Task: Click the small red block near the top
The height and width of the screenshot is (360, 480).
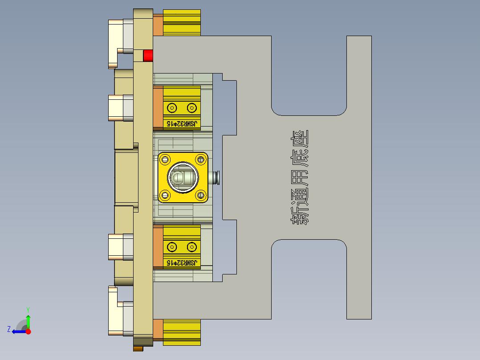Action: click(148, 56)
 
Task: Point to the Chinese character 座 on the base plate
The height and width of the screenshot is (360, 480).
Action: click(300, 139)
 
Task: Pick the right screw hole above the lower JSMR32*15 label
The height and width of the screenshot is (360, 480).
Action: click(192, 246)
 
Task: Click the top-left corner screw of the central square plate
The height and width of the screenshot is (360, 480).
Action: click(166, 159)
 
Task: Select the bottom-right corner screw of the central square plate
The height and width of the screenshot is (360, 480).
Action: click(201, 195)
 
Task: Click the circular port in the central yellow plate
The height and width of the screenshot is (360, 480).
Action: click(183, 177)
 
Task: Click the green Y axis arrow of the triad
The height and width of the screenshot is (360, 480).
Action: click(28, 320)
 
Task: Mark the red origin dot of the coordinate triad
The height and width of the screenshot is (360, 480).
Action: click(28, 331)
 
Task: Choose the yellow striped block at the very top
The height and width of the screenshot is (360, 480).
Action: click(182, 22)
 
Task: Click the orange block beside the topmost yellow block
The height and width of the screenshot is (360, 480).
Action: click(158, 25)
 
